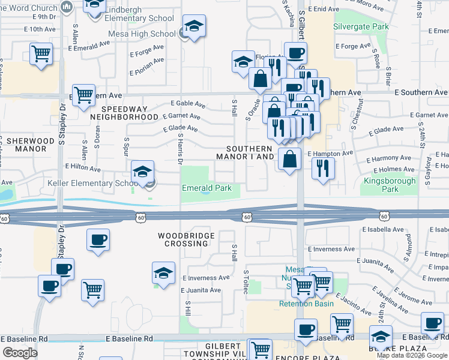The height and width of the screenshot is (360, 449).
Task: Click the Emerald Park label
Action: (206, 188)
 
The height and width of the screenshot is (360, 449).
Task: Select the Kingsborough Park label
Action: (390, 185)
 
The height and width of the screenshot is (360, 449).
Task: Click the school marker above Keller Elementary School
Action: (142, 172)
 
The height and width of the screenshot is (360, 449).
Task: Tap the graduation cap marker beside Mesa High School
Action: (194, 28)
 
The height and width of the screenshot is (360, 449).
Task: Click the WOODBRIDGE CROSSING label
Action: (187, 239)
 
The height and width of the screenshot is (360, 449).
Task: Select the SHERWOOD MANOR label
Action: (30, 145)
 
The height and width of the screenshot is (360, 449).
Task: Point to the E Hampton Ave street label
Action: (330, 154)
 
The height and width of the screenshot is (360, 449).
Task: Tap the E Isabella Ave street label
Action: (384, 229)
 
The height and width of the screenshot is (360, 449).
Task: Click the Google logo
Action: (20, 353)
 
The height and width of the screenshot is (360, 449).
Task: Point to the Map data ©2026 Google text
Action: (412, 355)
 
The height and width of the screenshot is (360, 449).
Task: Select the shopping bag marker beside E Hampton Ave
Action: (289, 160)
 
